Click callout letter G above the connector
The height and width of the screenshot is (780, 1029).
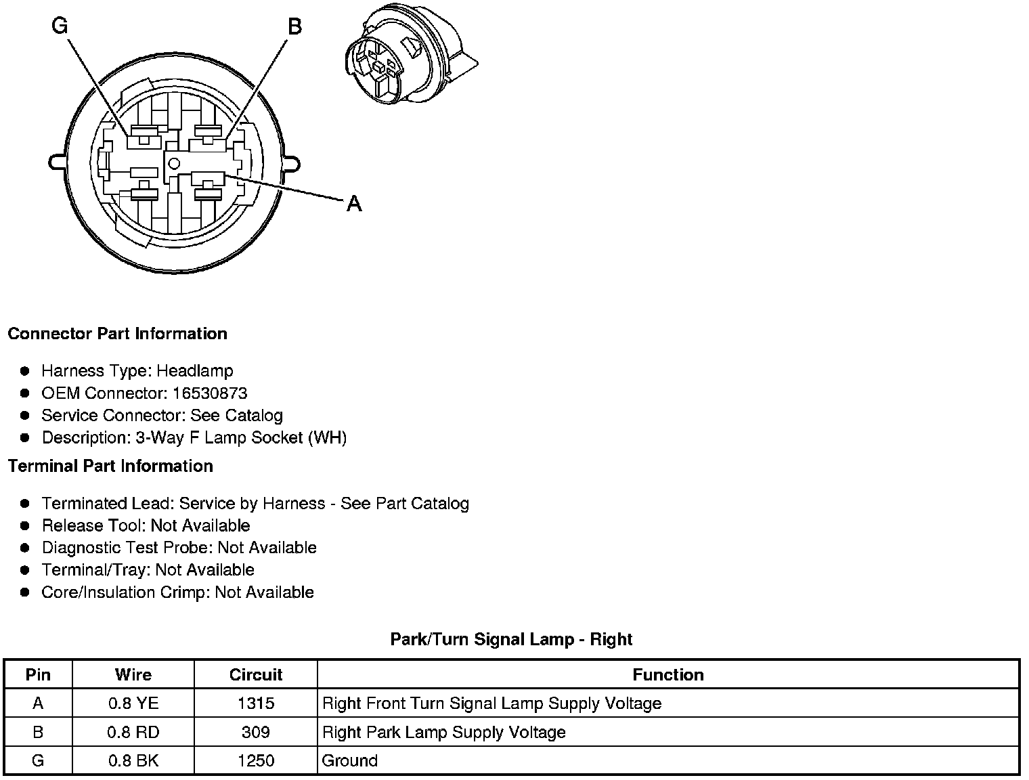(60, 26)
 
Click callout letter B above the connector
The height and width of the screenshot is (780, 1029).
(294, 26)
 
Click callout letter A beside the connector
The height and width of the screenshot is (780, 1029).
(354, 203)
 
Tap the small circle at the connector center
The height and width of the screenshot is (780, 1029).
(174, 162)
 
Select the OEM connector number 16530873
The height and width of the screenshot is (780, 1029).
(210, 393)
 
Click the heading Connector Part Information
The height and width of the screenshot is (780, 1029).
(117, 334)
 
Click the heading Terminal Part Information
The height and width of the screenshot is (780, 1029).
(110, 466)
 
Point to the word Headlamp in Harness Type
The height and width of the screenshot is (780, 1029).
(195, 371)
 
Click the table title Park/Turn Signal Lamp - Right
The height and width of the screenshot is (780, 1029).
(511, 639)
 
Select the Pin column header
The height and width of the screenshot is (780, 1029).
(38, 674)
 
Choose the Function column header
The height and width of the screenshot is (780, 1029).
(667, 674)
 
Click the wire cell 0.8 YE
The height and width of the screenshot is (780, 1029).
(133, 703)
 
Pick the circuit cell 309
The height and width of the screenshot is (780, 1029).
(255, 732)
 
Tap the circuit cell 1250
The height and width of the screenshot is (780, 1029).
(255, 760)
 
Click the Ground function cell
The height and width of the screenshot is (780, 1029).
(350, 760)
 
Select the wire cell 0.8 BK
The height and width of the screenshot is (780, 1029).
(133, 760)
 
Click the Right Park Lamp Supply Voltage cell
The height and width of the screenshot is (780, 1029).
(443, 732)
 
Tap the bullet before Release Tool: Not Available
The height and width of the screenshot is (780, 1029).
(25, 525)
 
